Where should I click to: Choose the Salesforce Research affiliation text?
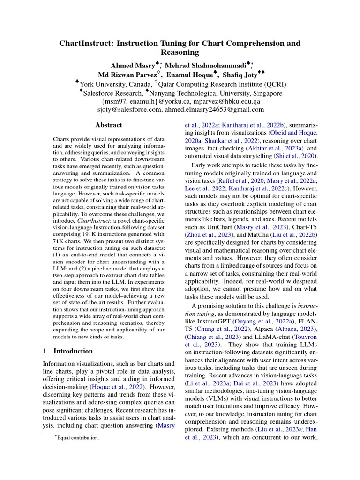click(x=111, y=93)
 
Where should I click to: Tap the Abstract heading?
click(x=109, y=125)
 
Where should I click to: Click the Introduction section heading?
click(x=73, y=351)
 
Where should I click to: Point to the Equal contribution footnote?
click(x=78, y=438)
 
